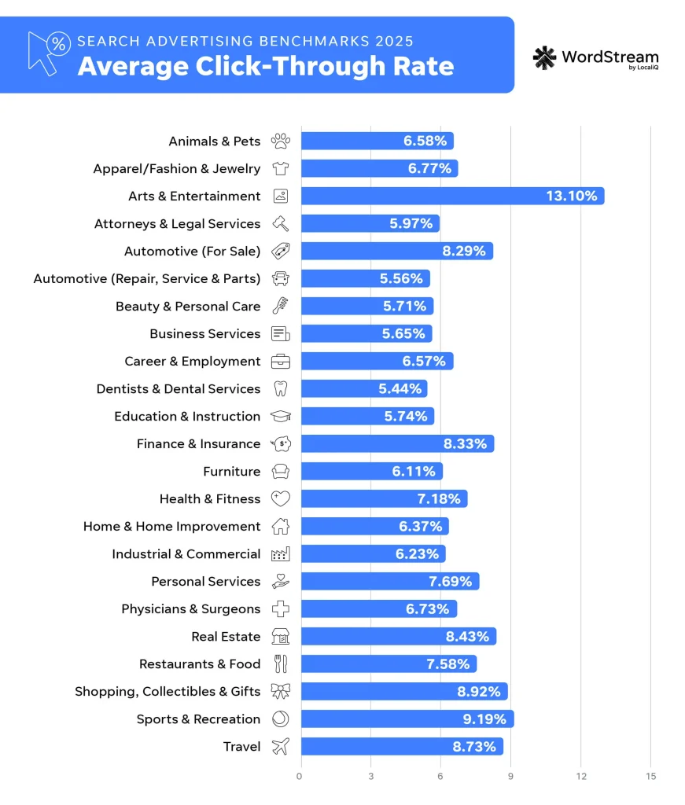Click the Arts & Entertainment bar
click(452, 196)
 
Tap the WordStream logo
click(595, 58)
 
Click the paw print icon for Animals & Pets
click(280, 142)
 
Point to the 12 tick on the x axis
click(580, 777)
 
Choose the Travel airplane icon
click(280, 747)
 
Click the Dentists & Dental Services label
click(178, 389)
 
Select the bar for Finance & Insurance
click(397, 443)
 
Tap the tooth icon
click(280, 389)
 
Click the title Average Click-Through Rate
click(265, 66)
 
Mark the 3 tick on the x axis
click(370, 777)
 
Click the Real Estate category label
click(226, 637)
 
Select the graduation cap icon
click(280, 417)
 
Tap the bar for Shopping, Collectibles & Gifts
click(403, 691)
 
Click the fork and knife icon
click(280, 664)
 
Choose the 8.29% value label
click(467, 252)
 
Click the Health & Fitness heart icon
click(280, 498)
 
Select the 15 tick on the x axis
click(650, 777)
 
